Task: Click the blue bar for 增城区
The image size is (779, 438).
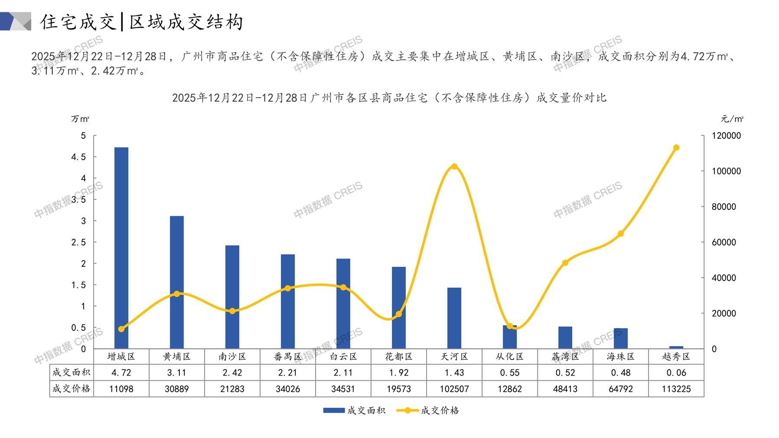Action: click(121, 248)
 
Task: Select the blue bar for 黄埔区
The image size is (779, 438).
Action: click(177, 282)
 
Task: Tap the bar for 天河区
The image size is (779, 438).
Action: click(454, 318)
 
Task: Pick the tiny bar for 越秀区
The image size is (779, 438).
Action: click(676, 347)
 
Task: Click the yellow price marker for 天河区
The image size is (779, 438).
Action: click(454, 167)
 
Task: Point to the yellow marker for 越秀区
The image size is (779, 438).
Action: click(676, 147)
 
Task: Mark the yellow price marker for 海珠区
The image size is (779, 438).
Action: click(621, 234)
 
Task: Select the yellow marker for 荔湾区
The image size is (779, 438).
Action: click(565, 263)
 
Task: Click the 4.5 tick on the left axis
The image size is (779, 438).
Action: click(78, 157)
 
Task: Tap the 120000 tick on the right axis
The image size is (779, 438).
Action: click(727, 136)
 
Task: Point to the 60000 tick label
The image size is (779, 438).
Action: click(724, 242)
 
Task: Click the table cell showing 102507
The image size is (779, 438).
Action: click(454, 389)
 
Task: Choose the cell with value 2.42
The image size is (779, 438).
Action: click(232, 373)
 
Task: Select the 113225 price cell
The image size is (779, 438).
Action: click(676, 389)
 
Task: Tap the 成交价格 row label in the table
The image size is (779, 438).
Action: click(72, 389)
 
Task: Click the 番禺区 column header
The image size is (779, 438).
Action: click(288, 356)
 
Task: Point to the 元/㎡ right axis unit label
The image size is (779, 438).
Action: click(732, 119)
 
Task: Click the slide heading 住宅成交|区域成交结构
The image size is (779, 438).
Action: click(142, 22)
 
